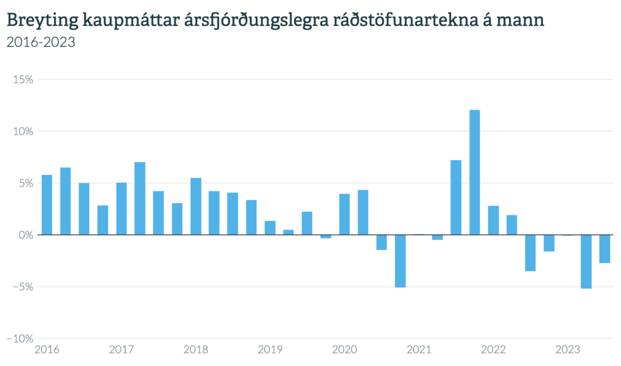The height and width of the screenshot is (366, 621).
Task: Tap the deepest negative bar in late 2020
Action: coord(400,260)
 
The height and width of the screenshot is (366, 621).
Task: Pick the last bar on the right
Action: coord(605,249)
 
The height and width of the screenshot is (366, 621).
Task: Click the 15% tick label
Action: coord(22,80)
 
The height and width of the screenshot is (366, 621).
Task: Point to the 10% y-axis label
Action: coord(22,131)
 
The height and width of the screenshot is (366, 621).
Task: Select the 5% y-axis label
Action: coord(24,183)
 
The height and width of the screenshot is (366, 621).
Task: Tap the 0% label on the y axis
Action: coord(24,235)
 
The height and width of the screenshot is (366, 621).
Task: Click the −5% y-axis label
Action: coord(22,286)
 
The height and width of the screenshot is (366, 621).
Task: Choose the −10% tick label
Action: coord(19,338)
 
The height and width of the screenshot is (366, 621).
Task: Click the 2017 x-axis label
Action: coord(121,350)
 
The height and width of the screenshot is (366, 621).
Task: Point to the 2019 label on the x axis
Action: coord(270,350)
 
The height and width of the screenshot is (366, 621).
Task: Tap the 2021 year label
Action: coord(418,350)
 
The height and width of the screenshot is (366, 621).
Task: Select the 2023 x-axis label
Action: coord(568,350)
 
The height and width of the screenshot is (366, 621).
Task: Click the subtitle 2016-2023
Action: coord(40,42)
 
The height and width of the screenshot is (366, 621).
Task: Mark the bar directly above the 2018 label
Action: coord(195,206)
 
